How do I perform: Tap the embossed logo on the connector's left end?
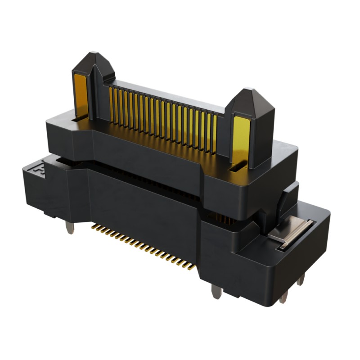click(39, 169)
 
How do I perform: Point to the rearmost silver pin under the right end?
click(300, 279)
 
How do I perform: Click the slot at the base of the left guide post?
click(80, 119)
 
